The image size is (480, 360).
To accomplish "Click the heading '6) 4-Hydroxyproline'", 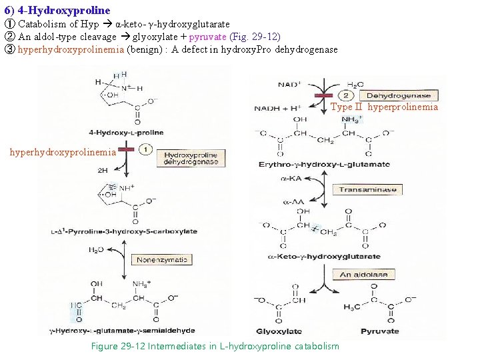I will (x=57, y=11).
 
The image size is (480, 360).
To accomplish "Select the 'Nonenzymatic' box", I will (x=161, y=259).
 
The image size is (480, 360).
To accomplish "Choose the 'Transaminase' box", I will (x=367, y=189).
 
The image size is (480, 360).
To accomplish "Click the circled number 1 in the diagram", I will (x=147, y=151).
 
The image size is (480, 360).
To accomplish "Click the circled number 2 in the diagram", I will (x=347, y=95).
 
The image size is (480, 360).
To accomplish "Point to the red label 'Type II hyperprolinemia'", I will (x=385, y=107).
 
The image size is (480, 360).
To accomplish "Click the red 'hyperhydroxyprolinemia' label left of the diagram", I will (x=63, y=152).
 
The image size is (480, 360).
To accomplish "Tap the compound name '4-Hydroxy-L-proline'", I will (x=125, y=133).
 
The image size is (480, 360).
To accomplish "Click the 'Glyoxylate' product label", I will (x=279, y=331).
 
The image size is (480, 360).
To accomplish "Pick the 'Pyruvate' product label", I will (x=379, y=331).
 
